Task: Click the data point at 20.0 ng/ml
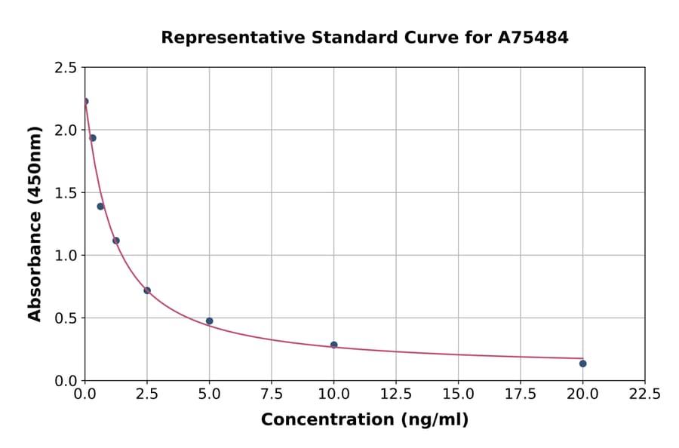(582, 364)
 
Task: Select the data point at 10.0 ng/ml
(333, 345)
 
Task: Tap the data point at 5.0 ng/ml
(210, 321)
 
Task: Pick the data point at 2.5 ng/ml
(147, 290)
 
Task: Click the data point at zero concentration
(85, 101)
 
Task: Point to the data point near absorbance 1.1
(116, 241)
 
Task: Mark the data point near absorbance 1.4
(100, 207)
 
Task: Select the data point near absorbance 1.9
(93, 138)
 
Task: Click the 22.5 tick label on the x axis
(644, 394)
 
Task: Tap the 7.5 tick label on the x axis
(272, 394)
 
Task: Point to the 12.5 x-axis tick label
(396, 394)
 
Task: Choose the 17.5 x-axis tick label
(520, 394)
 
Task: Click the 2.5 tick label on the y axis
(66, 68)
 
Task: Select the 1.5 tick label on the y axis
(66, 193)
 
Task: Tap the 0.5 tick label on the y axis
(66, 318)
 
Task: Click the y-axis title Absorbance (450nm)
(35, 223)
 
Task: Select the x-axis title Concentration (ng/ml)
(364, 420)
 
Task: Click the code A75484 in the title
(533, 37)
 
